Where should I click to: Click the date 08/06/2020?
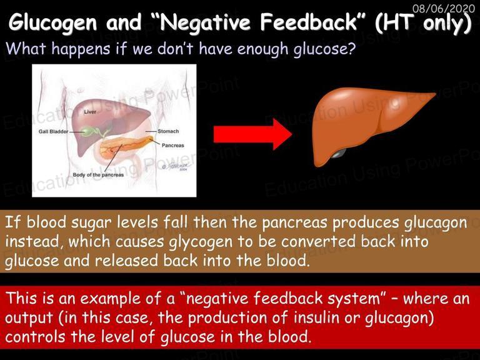click(x=444, y=8)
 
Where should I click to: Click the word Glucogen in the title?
click(x=52, y=22)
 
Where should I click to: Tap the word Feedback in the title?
click(x=309, y=22)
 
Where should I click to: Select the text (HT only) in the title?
click(x=423, y=23)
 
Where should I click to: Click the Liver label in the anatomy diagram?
click(x=90, y=112)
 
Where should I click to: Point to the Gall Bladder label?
click(x=53, y=132)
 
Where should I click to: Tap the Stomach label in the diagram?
click(x=168, y=131)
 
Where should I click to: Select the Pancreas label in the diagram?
click(x=172, y=146)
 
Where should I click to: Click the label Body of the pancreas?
click(x=98, y=175)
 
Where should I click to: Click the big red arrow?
click(x=252, y=135)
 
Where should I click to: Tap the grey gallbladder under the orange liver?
click(x=337, y=153)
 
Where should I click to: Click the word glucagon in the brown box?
click(x=436, y=223)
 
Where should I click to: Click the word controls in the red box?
click(x=35, y=337)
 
